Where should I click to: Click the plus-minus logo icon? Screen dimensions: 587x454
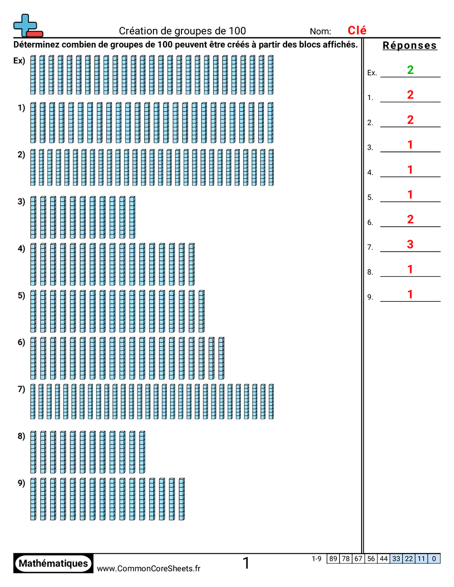(x=27, y=26)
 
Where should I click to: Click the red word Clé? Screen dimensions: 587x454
(x=357, y=31)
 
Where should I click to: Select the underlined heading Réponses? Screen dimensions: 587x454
(x=409, y=46)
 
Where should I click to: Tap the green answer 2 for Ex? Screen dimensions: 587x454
(x=410, y=70)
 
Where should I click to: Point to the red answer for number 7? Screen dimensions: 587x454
(x=410, y=244)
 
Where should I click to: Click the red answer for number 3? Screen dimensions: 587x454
(x=410, y=145)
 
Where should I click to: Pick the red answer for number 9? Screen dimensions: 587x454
(x=410, y=295)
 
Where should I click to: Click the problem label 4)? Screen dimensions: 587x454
(x=21, y=248)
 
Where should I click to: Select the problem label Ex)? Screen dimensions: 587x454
(x=19, y=61)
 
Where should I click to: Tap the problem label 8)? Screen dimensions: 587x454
(x=21, y=436)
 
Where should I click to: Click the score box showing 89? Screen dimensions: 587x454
(x=333, y=559)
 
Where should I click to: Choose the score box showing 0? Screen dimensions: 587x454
(x=434, y=559)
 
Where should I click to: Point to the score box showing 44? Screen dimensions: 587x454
(x=383, y=559)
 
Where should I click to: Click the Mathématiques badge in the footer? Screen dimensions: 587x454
(x=53, y=564)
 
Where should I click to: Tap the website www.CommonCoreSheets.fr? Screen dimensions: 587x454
(x=149, y=568)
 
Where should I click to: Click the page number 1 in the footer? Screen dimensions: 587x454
(x=246, y=564)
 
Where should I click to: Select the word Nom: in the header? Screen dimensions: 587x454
(x=320, y=32)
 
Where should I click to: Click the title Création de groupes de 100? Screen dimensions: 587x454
(x=182, y=31)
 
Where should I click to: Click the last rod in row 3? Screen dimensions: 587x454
(x=132, y=217)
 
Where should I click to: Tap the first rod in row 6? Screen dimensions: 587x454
(x=33, y=357)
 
